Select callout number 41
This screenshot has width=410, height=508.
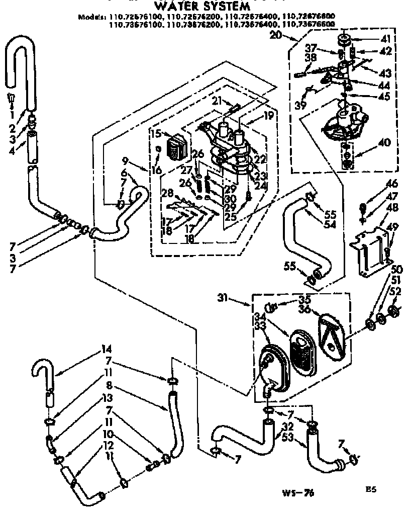(385, 39)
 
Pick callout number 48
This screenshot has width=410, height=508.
(392, 207)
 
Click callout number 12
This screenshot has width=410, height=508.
(108, 445)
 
